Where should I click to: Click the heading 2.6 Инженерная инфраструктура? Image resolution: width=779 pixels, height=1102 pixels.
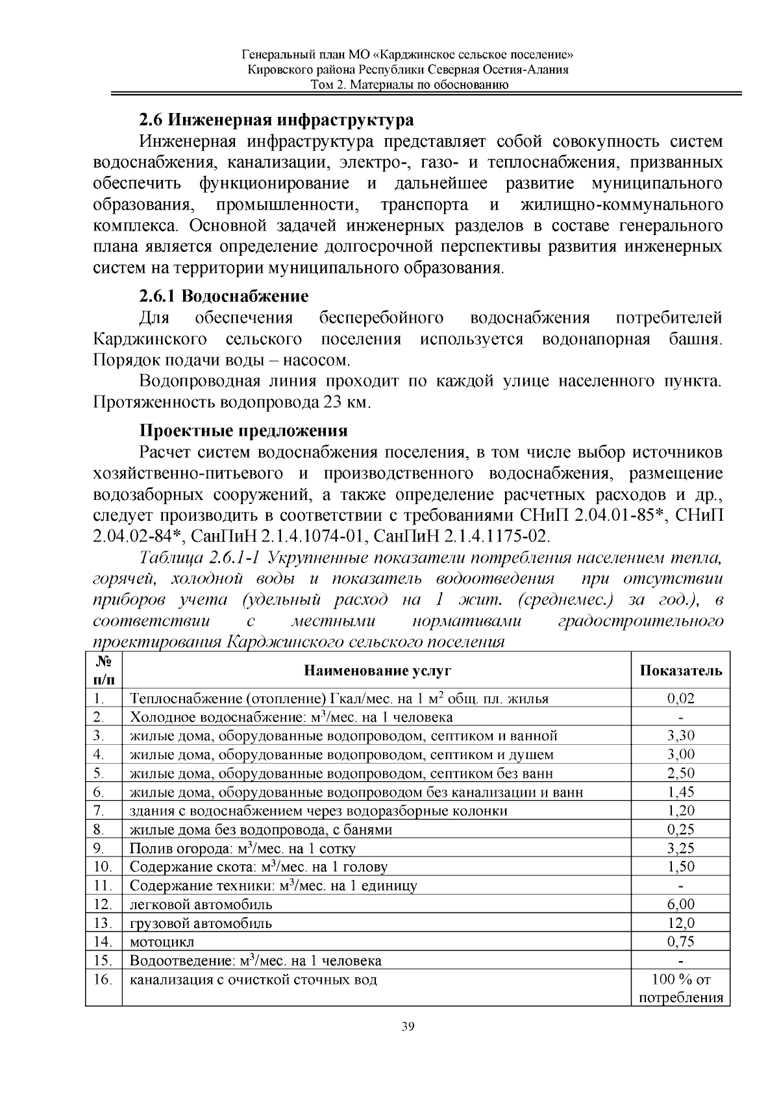coord(276,120)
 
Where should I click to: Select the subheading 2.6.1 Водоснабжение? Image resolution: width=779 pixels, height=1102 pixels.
coord(224,297)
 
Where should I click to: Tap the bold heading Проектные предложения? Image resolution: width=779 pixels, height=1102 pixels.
coord(243,431)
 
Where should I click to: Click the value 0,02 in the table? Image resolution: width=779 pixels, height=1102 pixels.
coord(680,699)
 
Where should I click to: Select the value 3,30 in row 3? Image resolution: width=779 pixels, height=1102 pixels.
coord(680,736)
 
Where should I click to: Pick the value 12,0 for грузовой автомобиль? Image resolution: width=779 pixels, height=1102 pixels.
coord(680,923)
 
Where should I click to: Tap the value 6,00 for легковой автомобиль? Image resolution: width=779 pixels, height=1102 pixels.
coord(680,904)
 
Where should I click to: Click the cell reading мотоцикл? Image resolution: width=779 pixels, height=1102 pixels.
coord(162,942)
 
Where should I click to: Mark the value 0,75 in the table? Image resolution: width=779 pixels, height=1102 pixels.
coord(680,942)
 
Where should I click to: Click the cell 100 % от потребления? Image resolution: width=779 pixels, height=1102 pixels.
coord(680,988)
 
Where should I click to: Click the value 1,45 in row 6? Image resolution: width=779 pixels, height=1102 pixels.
coord(680,792)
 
